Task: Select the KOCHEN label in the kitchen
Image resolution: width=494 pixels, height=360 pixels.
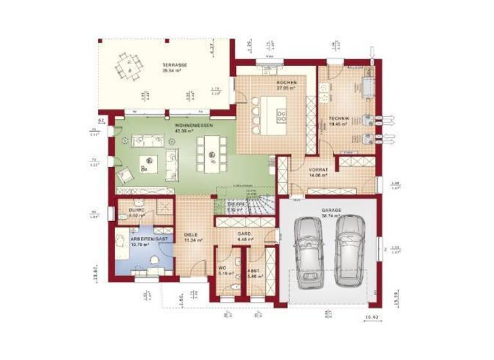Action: [x=286, y=84]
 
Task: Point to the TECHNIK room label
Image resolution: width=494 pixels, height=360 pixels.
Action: [x=338, y=119]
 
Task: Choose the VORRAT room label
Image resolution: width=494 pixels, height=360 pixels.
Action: [x=319, y=168]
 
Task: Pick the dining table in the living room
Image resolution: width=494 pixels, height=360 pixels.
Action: [x=209, y=154]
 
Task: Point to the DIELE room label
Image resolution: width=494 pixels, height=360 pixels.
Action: [x=191, y=235]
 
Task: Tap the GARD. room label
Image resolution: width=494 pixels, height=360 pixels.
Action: [x=244, y=234]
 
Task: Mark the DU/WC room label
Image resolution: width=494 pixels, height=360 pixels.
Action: [x=135, y=210]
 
